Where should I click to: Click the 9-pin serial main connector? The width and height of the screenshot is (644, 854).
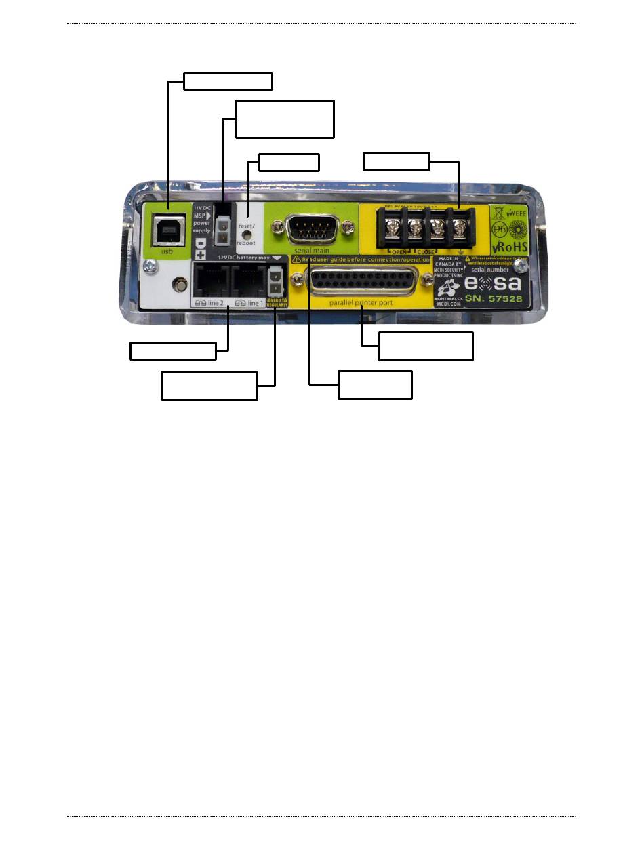point(312,227)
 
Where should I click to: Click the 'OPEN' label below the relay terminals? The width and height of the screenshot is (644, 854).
point(400,251)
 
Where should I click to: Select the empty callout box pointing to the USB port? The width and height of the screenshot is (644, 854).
point(228,81)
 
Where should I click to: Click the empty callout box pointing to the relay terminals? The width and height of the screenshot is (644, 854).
point(397,161)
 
